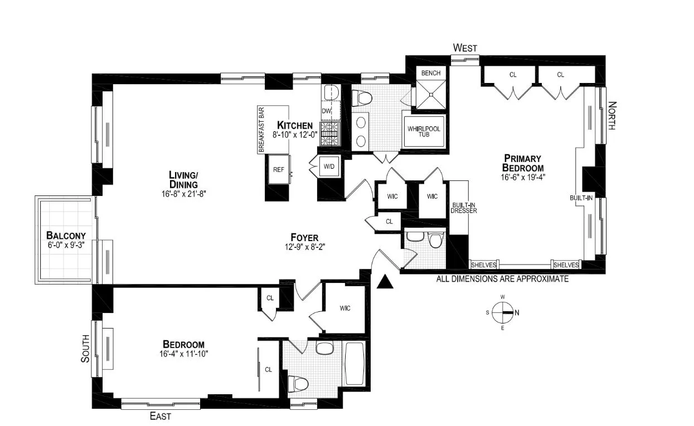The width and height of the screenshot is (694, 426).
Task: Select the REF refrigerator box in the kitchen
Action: click(x=278, y=169)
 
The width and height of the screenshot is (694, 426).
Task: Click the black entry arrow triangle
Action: click(x=384, y=282)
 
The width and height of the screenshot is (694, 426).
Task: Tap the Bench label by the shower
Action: click(x=431, y=73)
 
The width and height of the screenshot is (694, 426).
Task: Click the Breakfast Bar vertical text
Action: click(x=261, y=129)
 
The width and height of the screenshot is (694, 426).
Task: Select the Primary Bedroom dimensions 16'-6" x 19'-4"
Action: click(x=522, y=178)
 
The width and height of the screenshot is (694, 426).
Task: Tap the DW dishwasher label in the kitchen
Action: click(x=326, y=111)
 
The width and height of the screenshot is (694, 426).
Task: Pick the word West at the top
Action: click(x=465, y=48)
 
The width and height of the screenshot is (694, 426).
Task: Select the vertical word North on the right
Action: click(x=612, y=115)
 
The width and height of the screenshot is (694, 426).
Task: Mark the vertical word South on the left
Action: click(x=85, y=348)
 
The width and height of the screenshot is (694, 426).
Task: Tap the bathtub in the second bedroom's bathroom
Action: click(x=353, y=363)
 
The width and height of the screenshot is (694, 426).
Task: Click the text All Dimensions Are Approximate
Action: click(x=502, y=278)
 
